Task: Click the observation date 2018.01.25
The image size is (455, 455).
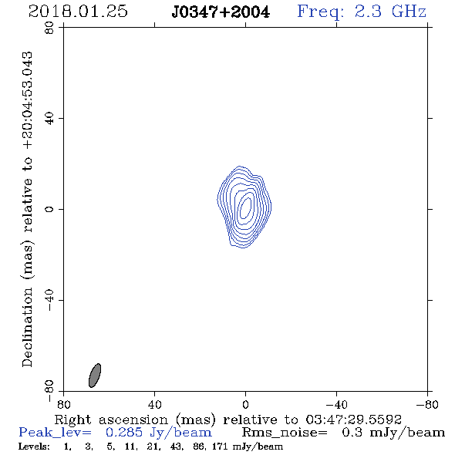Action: coord(78,12)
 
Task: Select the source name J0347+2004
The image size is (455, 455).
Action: coord(221,12)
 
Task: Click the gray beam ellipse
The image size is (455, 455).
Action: coord(95,376)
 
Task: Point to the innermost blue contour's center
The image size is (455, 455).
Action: coord(245,207)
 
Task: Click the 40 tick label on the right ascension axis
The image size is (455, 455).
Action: coord(154,405)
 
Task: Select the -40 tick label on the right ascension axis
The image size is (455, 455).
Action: coord(335,405)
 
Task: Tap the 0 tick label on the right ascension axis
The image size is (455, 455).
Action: coord(245,405)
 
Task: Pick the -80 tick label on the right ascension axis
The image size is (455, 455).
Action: coord(427,405)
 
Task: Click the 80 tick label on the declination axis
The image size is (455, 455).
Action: coord(49,28)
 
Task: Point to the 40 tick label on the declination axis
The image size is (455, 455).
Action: coord(49,119)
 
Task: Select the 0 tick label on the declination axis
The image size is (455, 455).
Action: coord(49,209)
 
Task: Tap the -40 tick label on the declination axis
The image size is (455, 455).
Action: coord(49,300)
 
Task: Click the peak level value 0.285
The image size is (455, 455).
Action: coord(124,433)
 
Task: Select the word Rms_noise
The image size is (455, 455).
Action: coord(285,433)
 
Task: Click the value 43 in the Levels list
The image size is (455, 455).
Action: coord(178,446)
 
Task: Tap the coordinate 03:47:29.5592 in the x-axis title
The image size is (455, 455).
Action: coord(353,420)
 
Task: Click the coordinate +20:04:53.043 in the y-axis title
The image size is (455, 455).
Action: coord(28,101)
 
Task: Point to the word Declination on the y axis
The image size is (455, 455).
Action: coord(28,327)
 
